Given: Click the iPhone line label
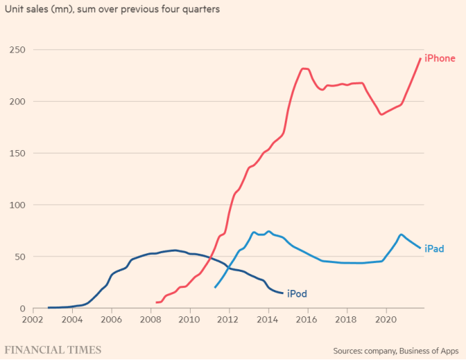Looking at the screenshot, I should pyautogui.click(x=440, y=59).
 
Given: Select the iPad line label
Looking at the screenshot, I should pyautogui.click(x=434, y=249).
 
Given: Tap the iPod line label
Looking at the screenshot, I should pyautogui.click(x=297, y=293).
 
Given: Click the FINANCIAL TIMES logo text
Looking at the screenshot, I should pyautogui.click(x=53, y=350).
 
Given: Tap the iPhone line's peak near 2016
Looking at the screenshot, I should pyautogui.click(x=304, y=68).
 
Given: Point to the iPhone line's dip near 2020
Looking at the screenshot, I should pyautogui.click(x=382, y=114).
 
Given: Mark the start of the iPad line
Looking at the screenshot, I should pyautogui.click(x=215, y=287).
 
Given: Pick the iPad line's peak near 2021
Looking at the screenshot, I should pyautogui.click(x=401, y=235).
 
